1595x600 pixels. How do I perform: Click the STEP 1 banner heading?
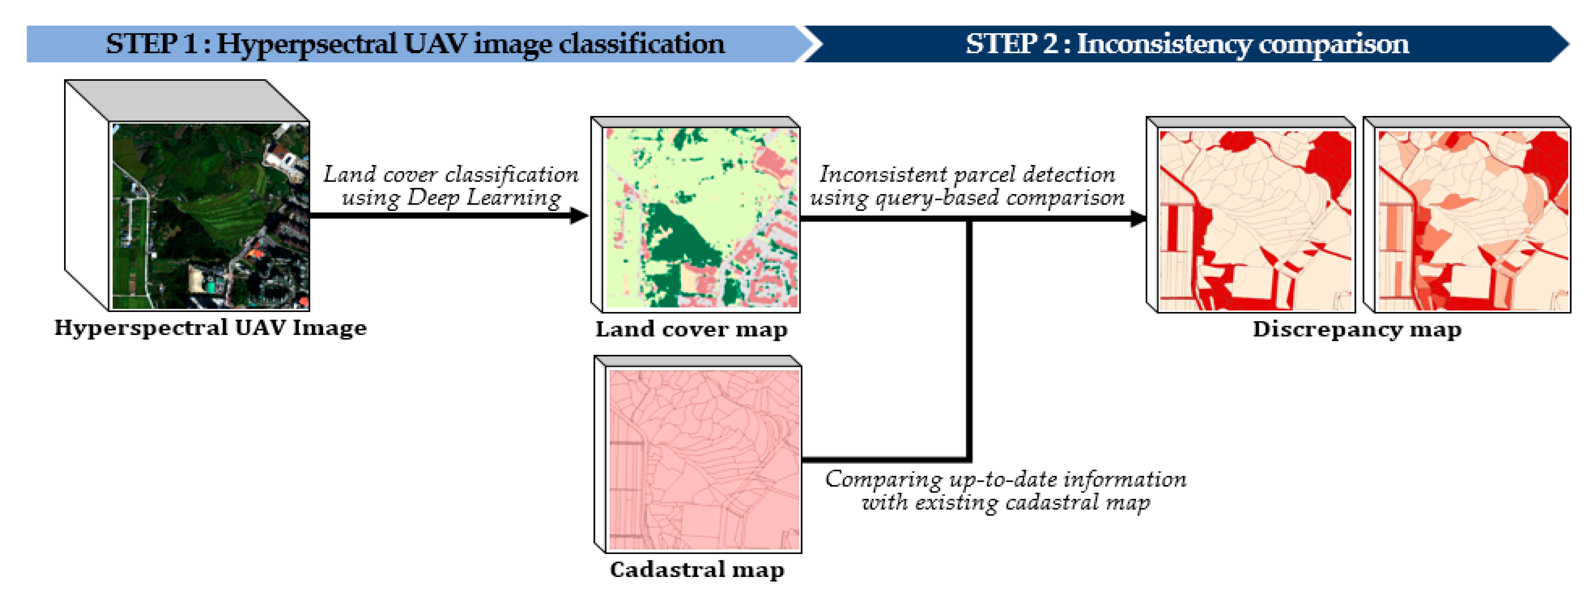pos(415,44)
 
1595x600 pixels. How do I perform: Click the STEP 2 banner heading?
pos(1187,44)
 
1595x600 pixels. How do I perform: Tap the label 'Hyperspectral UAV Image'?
pos(210,328)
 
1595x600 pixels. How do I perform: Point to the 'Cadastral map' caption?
pos(696,569)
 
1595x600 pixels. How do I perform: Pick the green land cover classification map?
pos(701,218)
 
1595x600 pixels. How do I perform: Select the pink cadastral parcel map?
pos(704,459)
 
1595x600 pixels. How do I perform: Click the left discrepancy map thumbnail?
pos(1255,220)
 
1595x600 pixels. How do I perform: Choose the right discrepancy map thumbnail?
pos(1472,220)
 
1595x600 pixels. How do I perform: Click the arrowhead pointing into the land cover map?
pos(579,215)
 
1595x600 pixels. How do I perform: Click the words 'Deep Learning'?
pos(483,198)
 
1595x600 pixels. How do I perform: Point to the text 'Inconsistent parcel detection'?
pos(967,175)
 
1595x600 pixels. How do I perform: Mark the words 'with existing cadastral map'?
pos(1006,502)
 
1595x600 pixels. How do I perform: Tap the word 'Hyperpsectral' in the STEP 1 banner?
pos(306,44)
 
